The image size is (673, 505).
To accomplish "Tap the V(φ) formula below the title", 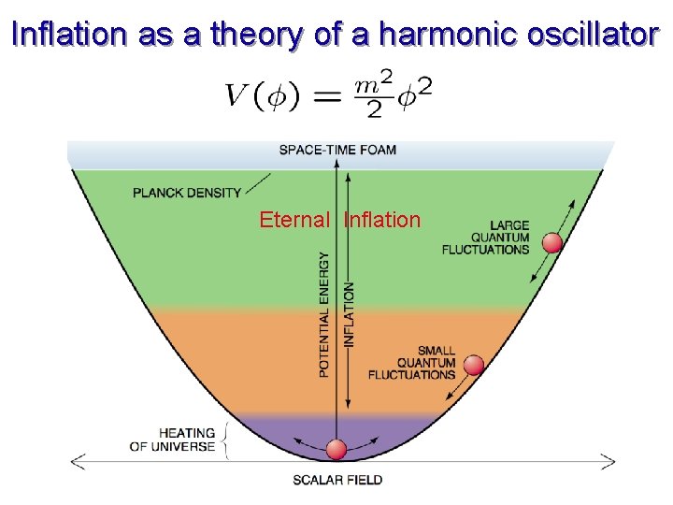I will pyautogui.click(x=327, y=94).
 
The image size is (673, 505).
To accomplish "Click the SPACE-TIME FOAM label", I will pyautogui.click(x=337, y=150).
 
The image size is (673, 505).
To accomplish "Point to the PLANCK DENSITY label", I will pyautogui.click(x=187, y=194).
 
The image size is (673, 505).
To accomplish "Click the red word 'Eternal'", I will pyautogui.click(x=294, y=220).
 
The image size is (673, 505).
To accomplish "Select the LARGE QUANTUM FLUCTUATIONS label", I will pyautogui.click(x=486, y=238).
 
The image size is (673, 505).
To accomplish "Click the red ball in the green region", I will pyautogui.click(x=552, y=243).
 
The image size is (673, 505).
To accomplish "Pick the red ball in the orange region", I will pyautogui.click(x=475, y=365).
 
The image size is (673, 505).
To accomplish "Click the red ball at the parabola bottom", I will pyautogui.click(x=336, y=450).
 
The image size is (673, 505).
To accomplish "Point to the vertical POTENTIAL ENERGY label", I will pyautogui.click(x=324, y=313).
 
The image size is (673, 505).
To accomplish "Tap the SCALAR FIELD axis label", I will pyautogui.click(x=337, y=480).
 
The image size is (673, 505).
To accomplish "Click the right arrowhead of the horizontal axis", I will pyautogui.click(x=609, y=460).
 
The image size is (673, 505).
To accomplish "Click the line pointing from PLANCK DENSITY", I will pyautogui.click(x=258, y=183).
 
